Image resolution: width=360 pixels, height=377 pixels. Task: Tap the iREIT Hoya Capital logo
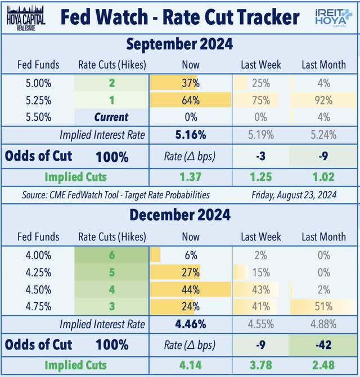coord(334,17)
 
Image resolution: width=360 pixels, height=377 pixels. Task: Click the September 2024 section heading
coord(179,44)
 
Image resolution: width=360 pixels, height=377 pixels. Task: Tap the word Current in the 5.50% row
coord(111,117)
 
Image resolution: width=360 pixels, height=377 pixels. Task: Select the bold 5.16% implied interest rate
coord(191,135)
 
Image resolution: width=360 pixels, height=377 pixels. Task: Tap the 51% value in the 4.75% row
coord(323,306)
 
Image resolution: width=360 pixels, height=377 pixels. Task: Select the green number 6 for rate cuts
coord(111,255)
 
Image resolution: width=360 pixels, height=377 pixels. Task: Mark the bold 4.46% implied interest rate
coord(191,324)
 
